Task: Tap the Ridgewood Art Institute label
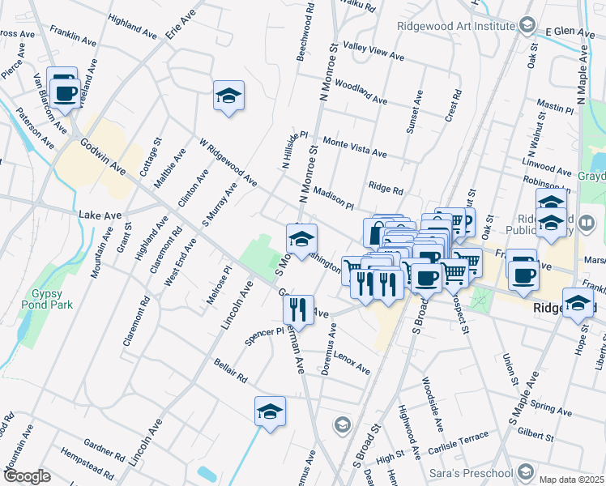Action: click(457, 24)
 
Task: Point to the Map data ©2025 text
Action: click(571, 479)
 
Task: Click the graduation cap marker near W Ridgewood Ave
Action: click(229, 96)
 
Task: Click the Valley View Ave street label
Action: click(373, 52)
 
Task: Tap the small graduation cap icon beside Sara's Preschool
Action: click(526, 471)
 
